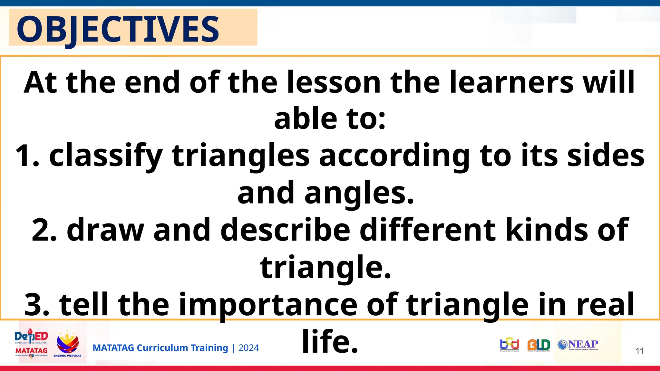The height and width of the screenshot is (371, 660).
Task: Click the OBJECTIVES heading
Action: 118,29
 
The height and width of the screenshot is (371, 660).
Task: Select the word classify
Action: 106,156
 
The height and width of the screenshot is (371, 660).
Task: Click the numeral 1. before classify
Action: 27,156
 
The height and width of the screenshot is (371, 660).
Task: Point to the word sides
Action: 606,156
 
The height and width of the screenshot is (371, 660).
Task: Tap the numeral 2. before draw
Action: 44,230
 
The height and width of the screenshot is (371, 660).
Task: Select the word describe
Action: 285,230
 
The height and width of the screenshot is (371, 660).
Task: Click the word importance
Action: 268,304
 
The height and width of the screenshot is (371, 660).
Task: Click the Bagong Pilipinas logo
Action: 67,344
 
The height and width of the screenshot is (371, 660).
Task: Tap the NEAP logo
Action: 578,345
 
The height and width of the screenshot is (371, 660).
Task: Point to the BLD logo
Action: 539,345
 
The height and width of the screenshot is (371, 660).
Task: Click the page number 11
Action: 639,351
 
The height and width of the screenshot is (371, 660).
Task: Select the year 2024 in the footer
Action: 248,348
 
